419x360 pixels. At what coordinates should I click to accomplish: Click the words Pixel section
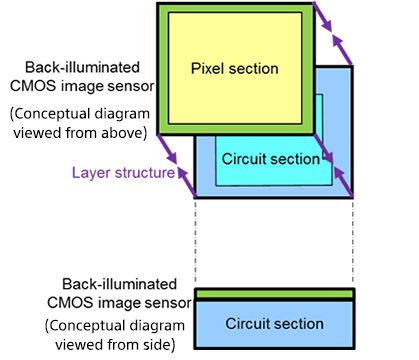point(235,69)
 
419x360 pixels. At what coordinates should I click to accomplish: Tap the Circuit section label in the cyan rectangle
point(271,159)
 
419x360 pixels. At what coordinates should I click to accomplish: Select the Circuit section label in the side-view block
point(274,324)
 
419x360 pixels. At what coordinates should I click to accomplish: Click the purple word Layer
point(91,173)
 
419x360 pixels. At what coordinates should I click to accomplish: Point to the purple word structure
point(145,173)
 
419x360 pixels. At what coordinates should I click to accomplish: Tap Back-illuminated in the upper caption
point(82,67)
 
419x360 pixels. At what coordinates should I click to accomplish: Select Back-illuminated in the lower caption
point(119,284)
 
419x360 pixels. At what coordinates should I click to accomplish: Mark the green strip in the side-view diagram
point(274,294)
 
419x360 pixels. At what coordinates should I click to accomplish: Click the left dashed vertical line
point(195,241)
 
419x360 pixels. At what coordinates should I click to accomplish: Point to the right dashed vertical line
point(353,241)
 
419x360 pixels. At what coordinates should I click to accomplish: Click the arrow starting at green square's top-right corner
point(323,17)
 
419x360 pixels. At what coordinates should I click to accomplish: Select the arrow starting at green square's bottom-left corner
point(167,149)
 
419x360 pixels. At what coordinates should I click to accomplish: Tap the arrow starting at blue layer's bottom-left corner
point(186,182)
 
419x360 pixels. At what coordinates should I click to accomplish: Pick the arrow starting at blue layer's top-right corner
point(342,50)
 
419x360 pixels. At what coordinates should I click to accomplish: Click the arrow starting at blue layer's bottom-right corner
point(343,182)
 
